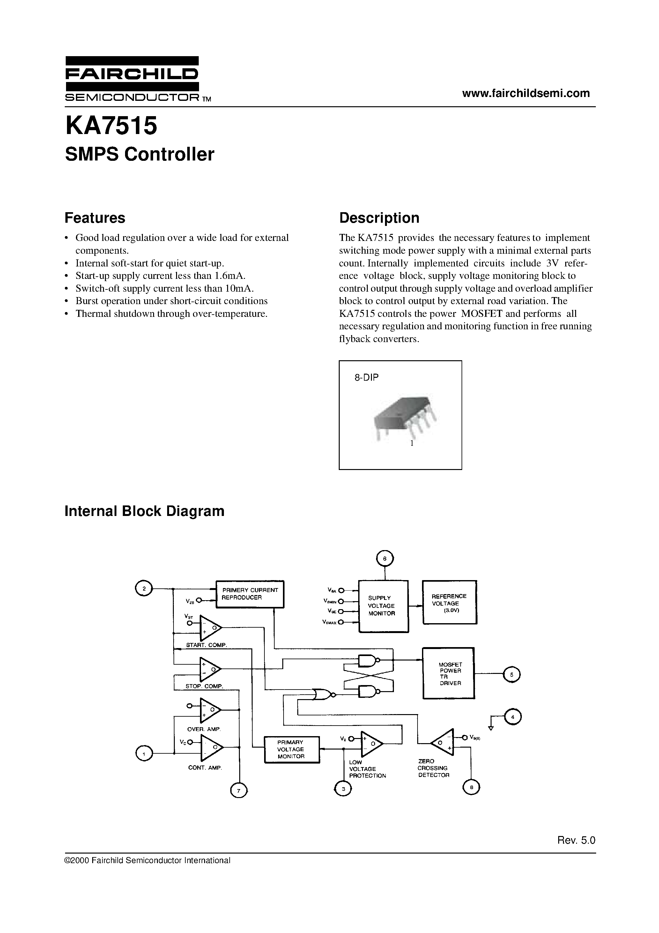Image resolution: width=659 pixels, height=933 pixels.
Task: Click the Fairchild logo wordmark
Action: (132, 74)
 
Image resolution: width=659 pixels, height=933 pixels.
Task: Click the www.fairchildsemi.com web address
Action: (526, 93)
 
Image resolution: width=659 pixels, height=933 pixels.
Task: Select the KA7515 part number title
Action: (111, 126)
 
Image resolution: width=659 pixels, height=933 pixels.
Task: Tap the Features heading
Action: (95, 218)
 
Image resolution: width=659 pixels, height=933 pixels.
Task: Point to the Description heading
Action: (379, 218)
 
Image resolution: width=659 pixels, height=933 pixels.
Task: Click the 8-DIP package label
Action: (367, 377)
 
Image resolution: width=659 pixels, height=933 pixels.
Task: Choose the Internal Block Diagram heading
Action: (144, 511)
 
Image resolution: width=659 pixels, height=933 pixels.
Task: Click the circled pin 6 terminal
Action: (385, 559)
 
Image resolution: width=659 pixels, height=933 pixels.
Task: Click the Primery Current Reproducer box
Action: (249, 594)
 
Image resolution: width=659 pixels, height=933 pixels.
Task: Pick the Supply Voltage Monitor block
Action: (383, 606)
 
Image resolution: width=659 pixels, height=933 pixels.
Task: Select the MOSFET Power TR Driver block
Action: (448, 673)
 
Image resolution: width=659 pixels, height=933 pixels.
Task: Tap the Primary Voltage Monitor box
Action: (291, 749)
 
